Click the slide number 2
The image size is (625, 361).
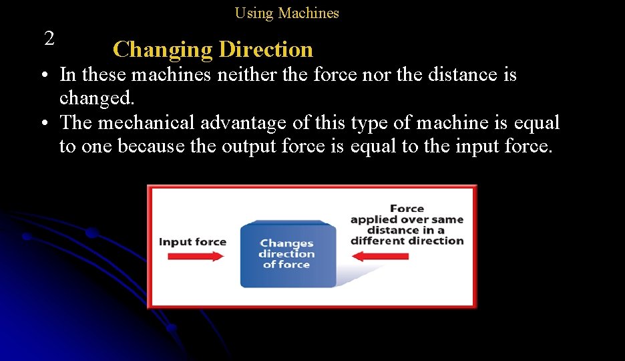pos(49,39)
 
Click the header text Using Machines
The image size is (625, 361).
pos(286,13)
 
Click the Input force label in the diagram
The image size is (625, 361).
pos(192,241)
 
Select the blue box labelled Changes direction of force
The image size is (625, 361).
pos(288,254)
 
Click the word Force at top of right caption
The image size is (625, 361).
pos(407,209)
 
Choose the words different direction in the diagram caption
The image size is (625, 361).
pos(407,241)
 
